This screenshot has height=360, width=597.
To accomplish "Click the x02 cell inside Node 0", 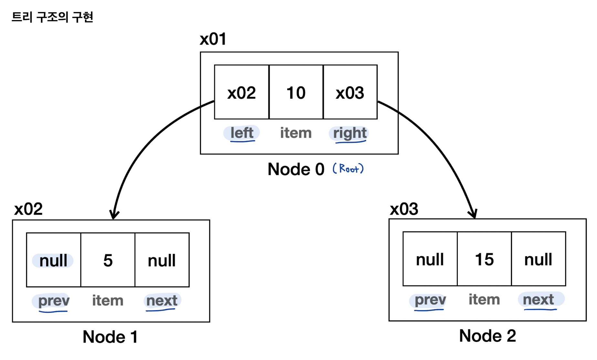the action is tap(242, 92).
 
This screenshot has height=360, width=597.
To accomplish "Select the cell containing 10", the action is tap(296, 92).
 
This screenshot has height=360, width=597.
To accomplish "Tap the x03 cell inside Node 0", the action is tap(350, 92).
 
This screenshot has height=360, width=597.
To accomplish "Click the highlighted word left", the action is tap(242, 133).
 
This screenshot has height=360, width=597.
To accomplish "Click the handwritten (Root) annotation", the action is tap(348, 168).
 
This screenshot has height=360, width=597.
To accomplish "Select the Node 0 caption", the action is tap(296, 169).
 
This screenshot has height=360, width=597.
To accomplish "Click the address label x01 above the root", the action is tap(213, 39).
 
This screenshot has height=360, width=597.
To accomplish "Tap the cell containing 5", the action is tap(108, 260).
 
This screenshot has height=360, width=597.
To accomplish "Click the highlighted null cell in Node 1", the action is tap(54, 260).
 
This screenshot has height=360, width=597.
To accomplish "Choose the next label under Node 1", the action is tap(162, 301).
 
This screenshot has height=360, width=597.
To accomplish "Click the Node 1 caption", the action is tap(110, 337).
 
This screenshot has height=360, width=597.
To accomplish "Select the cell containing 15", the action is tap(485, 259).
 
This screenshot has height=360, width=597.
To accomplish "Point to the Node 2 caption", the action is tap(487, 336).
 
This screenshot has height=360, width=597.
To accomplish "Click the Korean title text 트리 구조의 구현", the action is tap(52, 17).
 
